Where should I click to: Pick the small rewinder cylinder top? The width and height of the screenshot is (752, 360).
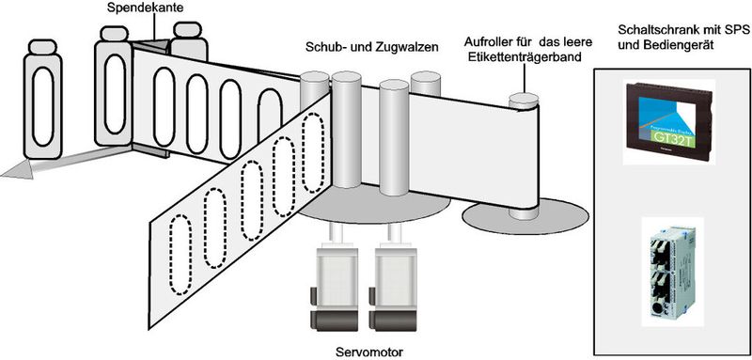coord(522,97)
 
